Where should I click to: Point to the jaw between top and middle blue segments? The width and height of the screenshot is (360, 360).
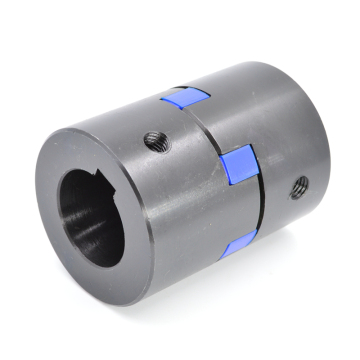pos(214,125)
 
